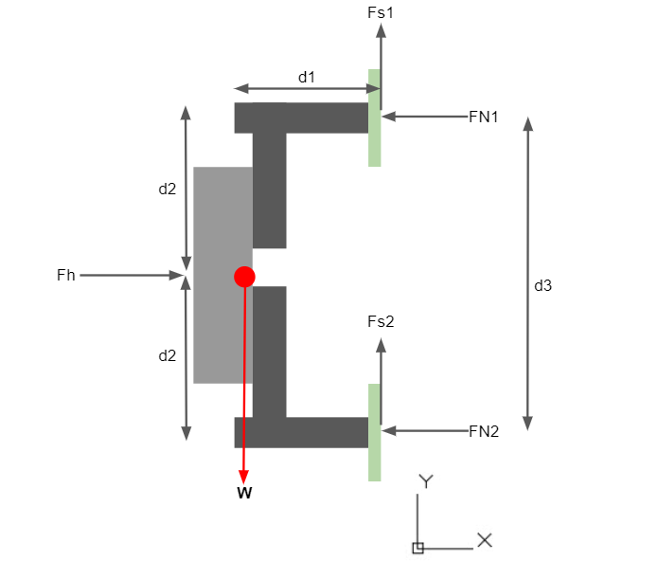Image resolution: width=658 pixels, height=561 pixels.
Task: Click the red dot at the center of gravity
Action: (x=244, y=277)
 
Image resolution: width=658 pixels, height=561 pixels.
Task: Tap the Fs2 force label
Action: (x=381, y=321)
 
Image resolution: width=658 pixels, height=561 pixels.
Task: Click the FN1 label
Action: (x=484, y=117)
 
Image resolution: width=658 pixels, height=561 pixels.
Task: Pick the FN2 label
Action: (x=484, y=431)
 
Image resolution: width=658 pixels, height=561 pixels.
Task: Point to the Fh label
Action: (x=65, y=276)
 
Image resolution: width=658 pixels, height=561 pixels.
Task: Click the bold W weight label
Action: (x=244, y=493)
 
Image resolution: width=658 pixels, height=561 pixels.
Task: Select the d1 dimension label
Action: (x=307, y=77)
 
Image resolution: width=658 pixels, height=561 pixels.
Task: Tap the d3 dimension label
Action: (x=542, y=285)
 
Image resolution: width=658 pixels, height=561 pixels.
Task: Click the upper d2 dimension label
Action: (x=167, y=189)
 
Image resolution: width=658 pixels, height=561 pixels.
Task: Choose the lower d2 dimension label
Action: (x=167, y=356)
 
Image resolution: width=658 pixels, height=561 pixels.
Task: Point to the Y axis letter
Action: (x=426, y=481)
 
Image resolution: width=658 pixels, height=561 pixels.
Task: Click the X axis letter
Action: (x=485, y=540)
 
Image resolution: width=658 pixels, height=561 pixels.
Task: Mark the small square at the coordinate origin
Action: (x=418, y=548)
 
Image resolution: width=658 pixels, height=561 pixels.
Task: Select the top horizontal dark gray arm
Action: (x=301, y=118)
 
